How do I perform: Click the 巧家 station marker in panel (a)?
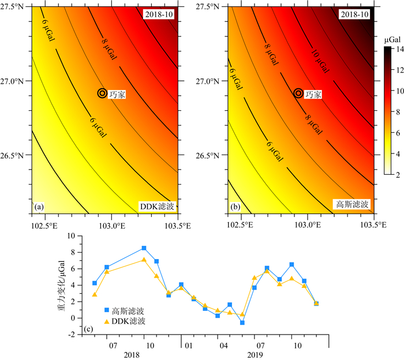[102, 93]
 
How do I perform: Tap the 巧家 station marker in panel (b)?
[298, 93]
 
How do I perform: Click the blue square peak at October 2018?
[144, 248]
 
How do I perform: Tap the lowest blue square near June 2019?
[242, 322]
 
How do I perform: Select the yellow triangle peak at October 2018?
[144, 260]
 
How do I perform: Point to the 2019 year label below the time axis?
[255, 354]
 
